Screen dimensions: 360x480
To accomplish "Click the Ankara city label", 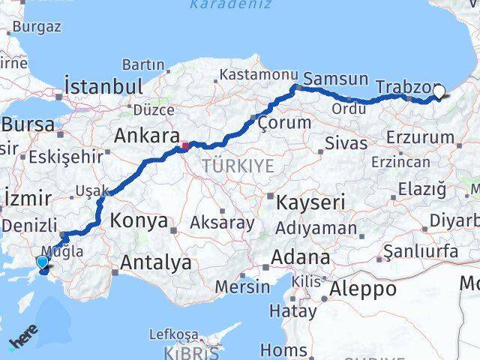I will [145, 137].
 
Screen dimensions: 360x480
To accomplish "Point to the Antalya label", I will [155, 263].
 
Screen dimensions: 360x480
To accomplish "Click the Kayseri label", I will [310, 202].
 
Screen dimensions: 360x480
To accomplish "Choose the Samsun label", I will [335, 79].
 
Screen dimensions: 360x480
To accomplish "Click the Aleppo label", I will [362, 289].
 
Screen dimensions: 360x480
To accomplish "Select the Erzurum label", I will [421, 137].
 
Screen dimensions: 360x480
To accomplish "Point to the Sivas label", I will [346, 142].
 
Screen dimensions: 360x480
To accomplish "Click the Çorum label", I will [284, 121].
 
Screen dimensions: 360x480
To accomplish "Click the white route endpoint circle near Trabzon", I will [439, 92].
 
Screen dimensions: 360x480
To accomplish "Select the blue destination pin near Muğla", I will [42, 262].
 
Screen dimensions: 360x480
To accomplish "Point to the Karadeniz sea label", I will [220, 5].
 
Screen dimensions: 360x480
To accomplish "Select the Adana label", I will [300, 257].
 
